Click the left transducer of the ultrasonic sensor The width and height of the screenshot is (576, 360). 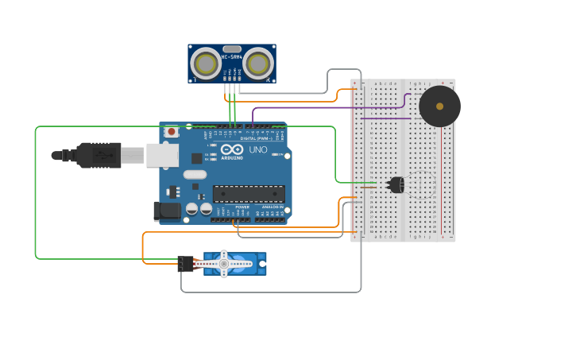click(207, 64)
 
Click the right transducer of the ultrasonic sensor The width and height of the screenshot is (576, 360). click(258, 64)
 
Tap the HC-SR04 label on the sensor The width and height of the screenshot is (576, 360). click(232, 57)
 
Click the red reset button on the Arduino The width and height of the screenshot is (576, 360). click(171, 132)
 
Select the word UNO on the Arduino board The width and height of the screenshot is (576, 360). click(258, 149)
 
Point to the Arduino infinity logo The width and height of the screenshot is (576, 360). click(233, 149)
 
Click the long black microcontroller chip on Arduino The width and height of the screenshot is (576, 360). click(249, 194)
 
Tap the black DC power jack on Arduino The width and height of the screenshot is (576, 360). click(167, 211)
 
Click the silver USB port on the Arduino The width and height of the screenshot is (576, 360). click(162, 155)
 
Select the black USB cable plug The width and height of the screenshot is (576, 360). click(99, 155)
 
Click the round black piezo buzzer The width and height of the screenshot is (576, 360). click(439, 106)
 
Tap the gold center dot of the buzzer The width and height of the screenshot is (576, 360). click(439, 106)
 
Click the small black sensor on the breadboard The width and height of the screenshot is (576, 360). click(396, 185)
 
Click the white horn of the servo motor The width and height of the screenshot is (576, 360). click(225, 263)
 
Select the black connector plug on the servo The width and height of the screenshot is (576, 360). click(186, 264)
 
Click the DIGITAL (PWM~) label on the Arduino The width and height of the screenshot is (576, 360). click(254, 138)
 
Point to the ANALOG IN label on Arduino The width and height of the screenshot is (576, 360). click(273, 207)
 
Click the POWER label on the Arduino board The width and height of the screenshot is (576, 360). click(242, 207)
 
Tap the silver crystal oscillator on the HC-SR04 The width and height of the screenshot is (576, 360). click(232, 48)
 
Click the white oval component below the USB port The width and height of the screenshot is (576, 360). click(195, 174)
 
